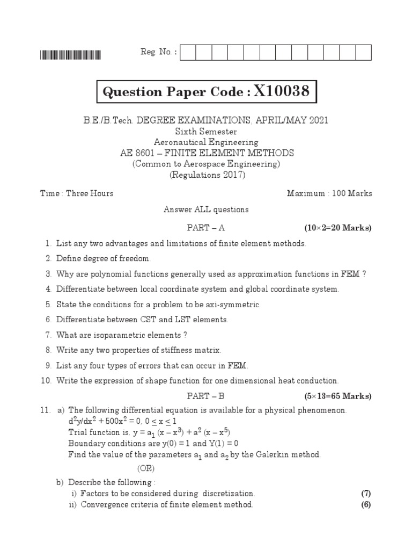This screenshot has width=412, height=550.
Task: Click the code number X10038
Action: pyautogui.click(x=282, y=92)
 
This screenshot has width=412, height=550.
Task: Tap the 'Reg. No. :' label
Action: pyautogui.click(x=158, y=52)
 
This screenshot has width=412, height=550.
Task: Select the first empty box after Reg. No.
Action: pyautogui.click(x=188, y=52)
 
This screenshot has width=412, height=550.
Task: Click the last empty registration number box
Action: pyautogui.click(x=364, y=52)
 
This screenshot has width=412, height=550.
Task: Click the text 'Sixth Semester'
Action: pyautogui.click(x=206, y=132)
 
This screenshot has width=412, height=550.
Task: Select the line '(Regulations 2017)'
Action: pyautogui.click(x=206, y=175)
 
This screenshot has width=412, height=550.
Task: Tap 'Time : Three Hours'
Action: pyautogui.click(x=77, y=193)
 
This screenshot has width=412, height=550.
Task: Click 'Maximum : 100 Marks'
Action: pyautogui.click(x=329, y=193)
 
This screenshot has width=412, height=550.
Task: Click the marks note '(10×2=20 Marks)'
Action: pyautogui.click(x=338, y=228)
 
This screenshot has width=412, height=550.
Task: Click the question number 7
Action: pyautogui.click(x=48, y=335)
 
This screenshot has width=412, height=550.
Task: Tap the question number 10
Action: pyautogui.click(x=46, y=381)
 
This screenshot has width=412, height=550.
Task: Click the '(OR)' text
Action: pyautogui.click(x=146, y=468)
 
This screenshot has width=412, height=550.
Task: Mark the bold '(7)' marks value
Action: pyautogui.click(x=366, y=494)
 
